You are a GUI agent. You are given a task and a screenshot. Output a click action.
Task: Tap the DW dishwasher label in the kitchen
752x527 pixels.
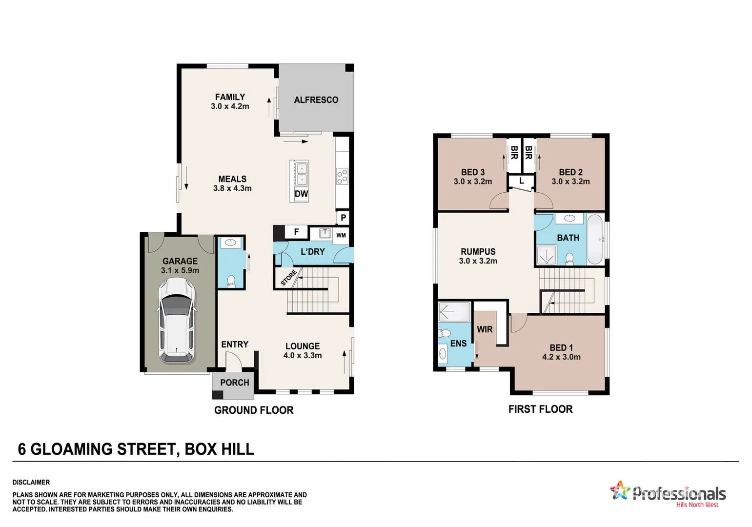[x=301, y=194]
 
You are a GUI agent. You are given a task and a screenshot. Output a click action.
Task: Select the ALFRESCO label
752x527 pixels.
[x=316, y=100]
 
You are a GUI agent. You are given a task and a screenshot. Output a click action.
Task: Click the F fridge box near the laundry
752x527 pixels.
[x=296, y=232]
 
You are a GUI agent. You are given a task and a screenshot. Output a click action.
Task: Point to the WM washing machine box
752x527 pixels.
[x=341, y=235]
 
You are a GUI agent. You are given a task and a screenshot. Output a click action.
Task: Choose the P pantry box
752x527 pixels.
[x=343, y=218]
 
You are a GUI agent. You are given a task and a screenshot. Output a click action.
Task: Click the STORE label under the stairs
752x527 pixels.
[x=288, y=278]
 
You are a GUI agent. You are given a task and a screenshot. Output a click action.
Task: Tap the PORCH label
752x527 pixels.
[x=234, y=383]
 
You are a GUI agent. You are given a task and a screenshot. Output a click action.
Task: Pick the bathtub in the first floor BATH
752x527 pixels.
[x=595, y=239]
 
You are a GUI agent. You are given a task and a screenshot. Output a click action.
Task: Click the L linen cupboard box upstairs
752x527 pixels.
[x=521, y=182]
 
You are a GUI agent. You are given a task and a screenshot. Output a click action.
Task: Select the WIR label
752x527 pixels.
[x=485, y=329]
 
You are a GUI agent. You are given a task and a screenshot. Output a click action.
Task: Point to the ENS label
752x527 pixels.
[x=458, y=344]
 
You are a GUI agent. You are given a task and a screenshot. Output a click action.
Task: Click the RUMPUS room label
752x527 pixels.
[x=478, y=252]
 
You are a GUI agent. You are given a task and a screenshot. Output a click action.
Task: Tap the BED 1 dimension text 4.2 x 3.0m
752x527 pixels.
[x=561, y=357]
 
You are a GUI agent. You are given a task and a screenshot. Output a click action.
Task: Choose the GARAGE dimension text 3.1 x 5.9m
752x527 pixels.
[x=180, y=270]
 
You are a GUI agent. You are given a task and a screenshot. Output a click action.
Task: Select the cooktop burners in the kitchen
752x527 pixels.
[x=342, y=176]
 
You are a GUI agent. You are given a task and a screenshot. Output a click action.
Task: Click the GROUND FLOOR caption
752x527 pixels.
[x=254, y=410]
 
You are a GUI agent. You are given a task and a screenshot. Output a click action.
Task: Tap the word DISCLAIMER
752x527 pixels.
[x=31, y=482]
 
